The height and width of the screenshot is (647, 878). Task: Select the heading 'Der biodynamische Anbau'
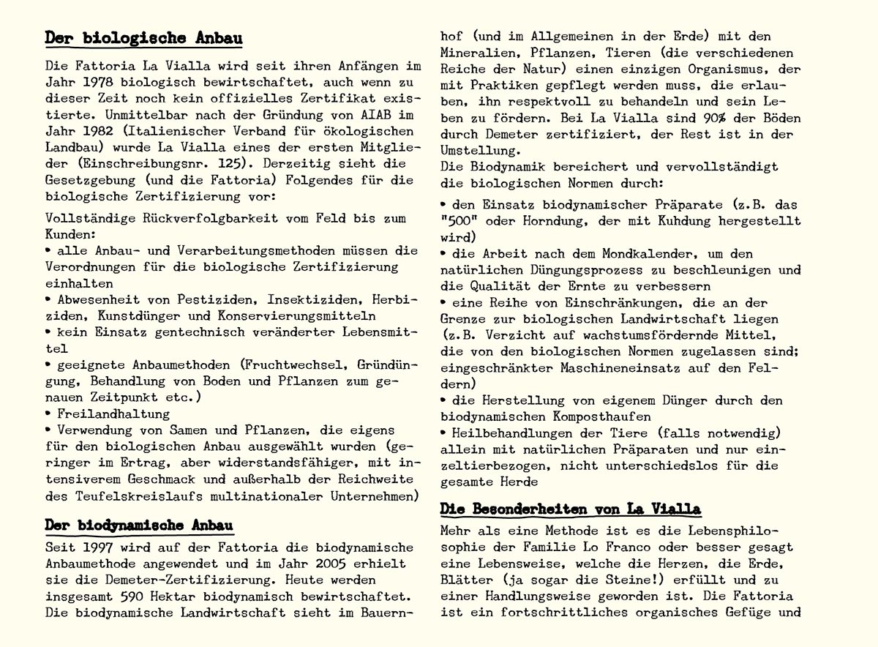tap(139, 526)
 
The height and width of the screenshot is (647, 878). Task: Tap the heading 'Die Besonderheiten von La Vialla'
tap(571, 509)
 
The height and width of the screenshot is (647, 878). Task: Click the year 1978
tap(100, 82)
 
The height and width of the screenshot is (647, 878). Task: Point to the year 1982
tap(100, 132)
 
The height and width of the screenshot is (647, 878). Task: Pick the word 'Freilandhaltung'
tap(104, 413)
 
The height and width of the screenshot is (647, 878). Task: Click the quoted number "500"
tap(457, 220)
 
